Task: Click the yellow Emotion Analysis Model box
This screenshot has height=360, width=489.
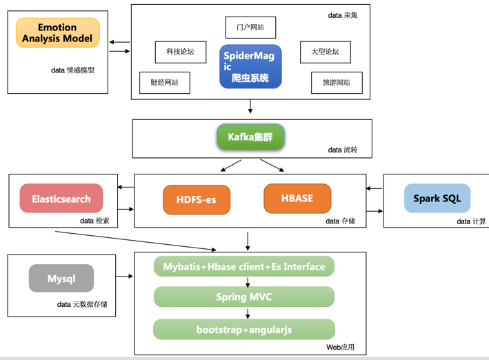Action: click(58, 32)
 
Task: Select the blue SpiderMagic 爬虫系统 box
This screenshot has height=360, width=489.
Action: click(250, 66)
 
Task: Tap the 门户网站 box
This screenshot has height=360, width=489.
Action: click(250, 28)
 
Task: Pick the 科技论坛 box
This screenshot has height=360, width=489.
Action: click(180, 52)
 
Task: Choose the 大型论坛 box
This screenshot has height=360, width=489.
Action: click(325, 52)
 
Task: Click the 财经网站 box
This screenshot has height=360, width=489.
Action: click(164, 82)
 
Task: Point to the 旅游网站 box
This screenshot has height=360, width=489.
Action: click(337, 82)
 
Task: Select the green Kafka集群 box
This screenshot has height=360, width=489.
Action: click(250, 137)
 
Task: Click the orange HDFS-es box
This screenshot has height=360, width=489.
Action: click(197, 200)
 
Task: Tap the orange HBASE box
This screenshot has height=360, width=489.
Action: click(297, 199)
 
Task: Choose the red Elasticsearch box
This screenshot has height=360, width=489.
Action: click(61, 199)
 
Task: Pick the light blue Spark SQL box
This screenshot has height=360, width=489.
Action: click(437, 199)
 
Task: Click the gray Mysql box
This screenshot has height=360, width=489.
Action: click(61, 279)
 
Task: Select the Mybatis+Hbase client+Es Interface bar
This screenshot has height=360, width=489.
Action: click(244, 267)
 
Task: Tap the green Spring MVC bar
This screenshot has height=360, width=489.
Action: click(244, 297)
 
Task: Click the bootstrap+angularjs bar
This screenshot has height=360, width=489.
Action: click(244, 330)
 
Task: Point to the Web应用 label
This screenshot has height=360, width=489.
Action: click(340, 347)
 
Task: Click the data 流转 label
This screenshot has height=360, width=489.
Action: click(343, 150)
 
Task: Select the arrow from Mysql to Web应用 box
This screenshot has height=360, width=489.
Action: click(125, 277)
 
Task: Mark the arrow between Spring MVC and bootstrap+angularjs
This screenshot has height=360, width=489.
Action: click(248, 313)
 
